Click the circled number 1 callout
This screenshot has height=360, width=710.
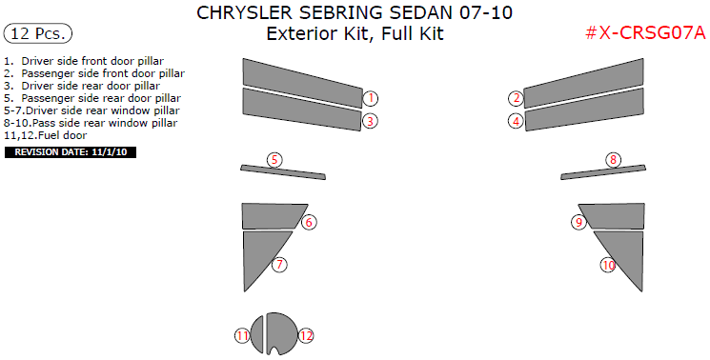(x=371, y=98)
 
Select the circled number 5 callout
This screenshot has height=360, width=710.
(x=274, y=160)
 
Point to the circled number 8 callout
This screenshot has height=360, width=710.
(x=613, y=160)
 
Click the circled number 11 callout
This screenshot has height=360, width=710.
(x=242, y=335)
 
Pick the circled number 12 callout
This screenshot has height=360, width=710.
(x=306, y=335)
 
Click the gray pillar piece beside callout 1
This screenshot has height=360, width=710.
(x=302, y=83)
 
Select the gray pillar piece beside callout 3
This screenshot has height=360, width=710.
(x=302, y=109)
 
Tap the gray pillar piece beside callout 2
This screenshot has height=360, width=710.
(x=583, y=83)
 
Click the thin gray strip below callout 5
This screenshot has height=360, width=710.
(x=282, y=171)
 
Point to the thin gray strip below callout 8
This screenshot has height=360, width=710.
(x=603, y=171)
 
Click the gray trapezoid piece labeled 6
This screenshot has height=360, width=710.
(x=272, y=216)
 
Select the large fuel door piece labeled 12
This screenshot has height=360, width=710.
(x=280, y=332)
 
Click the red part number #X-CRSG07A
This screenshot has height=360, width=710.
(x=645, y=33)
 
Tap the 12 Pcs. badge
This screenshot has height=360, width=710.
(x=37, y=33)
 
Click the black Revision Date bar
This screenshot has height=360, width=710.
(x=71, y=152)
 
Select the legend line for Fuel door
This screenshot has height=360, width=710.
(x=46, y=135)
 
